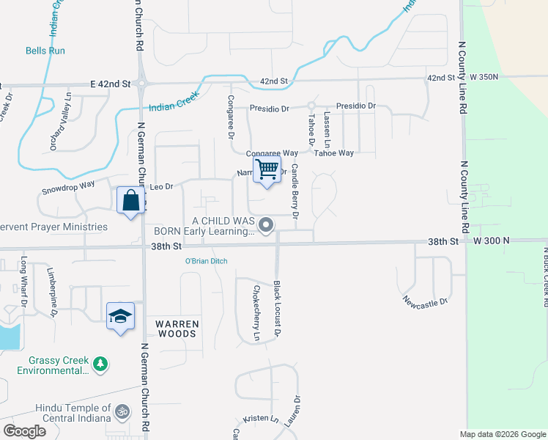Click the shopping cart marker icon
(267, 169)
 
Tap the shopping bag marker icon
(130, 199)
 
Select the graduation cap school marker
(121, 316)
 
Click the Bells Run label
(45, 51)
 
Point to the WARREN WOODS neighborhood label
(176, 329)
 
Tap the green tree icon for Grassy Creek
(100, 362)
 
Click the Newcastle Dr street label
(425, 301)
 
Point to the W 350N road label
(484, 76)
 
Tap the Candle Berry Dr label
(295, 191)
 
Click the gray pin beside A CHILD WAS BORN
(266, 225)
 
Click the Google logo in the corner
(24, 431)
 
